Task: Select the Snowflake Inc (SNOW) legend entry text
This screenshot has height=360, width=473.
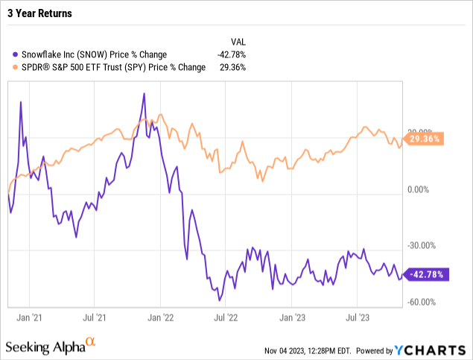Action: [x=94, y=54]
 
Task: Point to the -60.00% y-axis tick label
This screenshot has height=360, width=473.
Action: [x=421, y=302]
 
